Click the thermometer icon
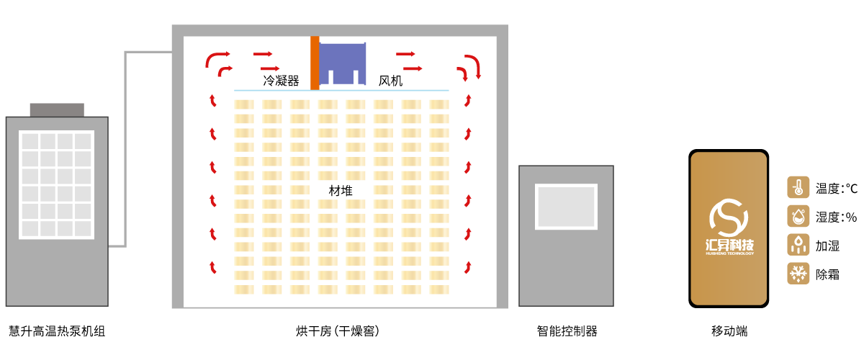(x=798, y=187)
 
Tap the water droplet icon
(x=798, y=216)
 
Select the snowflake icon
(x=798, y=274)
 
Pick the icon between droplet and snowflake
(x=798, y=245)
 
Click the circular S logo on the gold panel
(x=729, y=217)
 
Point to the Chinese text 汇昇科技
(x=729, y=244)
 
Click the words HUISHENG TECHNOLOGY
(x=729, y=253)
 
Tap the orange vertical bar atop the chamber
(x=315, y=63)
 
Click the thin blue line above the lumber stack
(x=341, y=90)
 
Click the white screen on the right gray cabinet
(x=566, y=207)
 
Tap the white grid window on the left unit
(x=56, y=185)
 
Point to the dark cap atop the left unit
(x=57, y=109)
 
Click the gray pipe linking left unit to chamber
(x=125, y=144)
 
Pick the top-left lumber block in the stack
(x=244, y=104)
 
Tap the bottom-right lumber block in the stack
(x=438, y=289)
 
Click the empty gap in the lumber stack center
(x=341, y=189)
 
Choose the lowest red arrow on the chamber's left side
(x=213, y=268)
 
